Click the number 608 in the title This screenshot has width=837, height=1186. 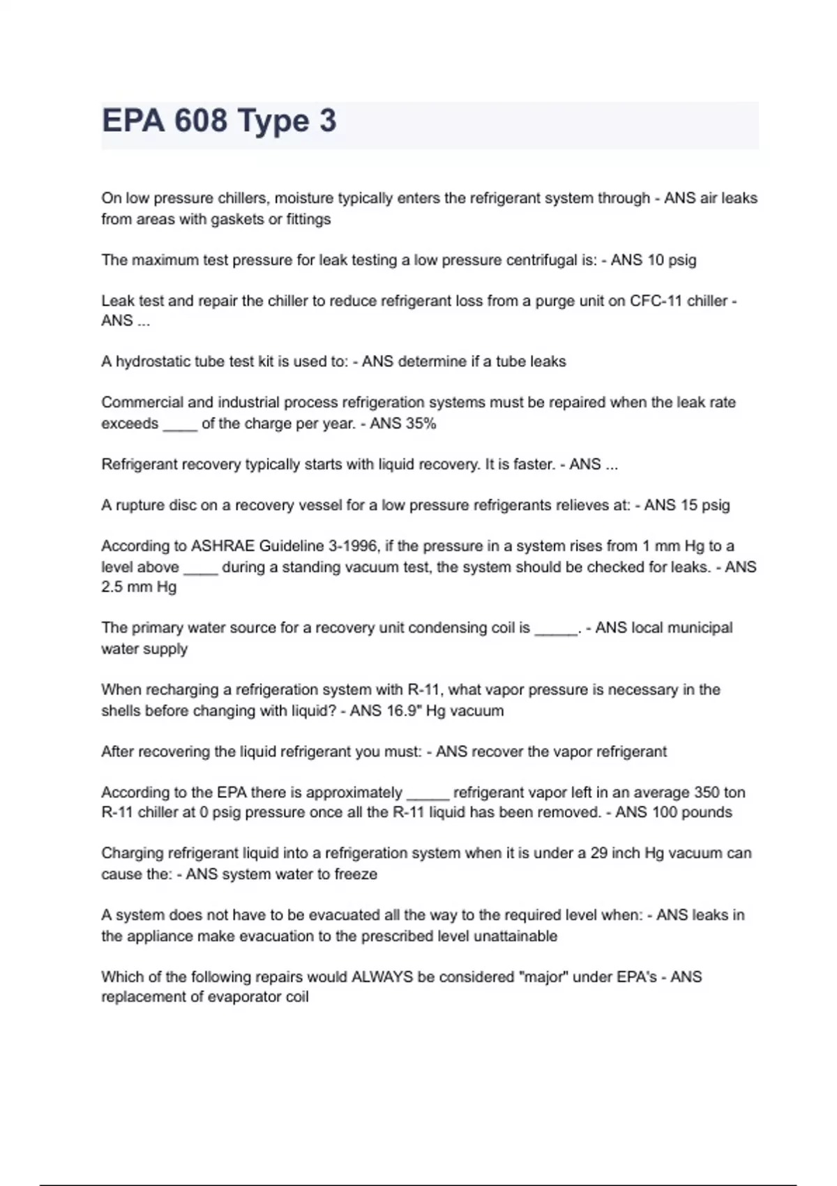(x=200, y=121)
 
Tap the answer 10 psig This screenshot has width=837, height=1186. (x=672, y=260)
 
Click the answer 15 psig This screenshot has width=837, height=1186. (x=704, y=505)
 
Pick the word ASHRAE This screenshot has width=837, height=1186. (x=223, y=546)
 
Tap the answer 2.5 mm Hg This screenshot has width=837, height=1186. (x=139, y=587)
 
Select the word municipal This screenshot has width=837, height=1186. (x=700, y=627)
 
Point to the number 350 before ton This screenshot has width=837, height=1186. (x=706, y=793)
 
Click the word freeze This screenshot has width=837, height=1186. (x=356, y=874)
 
